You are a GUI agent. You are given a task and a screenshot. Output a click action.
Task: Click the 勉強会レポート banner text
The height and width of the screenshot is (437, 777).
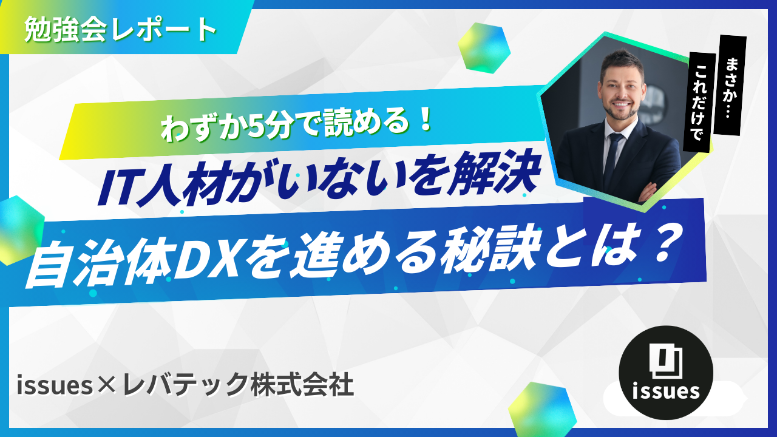[120, 30]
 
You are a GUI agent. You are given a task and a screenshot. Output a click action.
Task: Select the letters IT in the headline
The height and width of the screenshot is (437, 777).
[117, 188]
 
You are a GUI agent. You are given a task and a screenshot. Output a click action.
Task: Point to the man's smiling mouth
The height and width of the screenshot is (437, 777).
[622, 104]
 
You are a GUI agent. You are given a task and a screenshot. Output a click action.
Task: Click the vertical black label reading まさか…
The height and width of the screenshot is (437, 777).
[732, 86]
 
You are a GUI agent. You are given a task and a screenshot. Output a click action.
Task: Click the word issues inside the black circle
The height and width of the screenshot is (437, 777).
[666, 391]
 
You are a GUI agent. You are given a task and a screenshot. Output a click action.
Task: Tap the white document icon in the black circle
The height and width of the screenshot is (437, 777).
[666, 361]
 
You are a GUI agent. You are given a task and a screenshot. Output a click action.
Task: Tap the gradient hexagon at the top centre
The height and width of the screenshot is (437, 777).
[484, 48]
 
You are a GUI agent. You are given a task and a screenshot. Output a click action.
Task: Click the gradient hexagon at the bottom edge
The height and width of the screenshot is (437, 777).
[543, 409]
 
